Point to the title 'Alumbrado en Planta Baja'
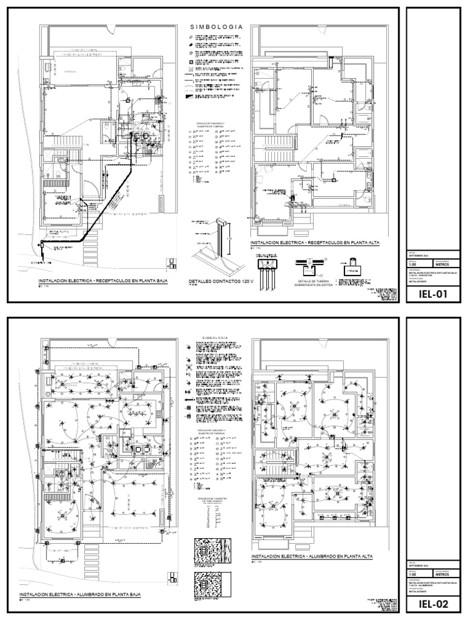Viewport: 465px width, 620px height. pos(80,596)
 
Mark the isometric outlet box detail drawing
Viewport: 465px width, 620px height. pos(214,242)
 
